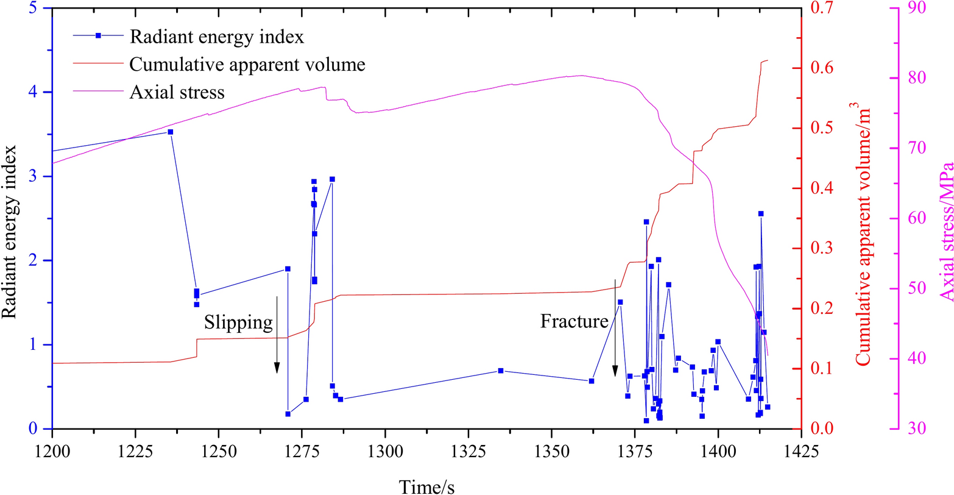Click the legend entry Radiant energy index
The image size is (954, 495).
tap(216, 37)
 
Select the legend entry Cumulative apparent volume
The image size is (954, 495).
tap(247, 65)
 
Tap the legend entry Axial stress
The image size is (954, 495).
tap(177, 93)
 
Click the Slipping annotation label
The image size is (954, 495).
tap(238, 322)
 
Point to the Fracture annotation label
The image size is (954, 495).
tap(574, 321)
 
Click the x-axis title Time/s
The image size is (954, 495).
tap(426, 485)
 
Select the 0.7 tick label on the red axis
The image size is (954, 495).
tap(821, 9)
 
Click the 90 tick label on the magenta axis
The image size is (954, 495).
tap(913, 9)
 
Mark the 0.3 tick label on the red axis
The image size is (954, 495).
tap(821, 249)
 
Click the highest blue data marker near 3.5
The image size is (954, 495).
tap(170, 132)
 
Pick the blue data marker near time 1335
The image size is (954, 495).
tap(500, 371)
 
